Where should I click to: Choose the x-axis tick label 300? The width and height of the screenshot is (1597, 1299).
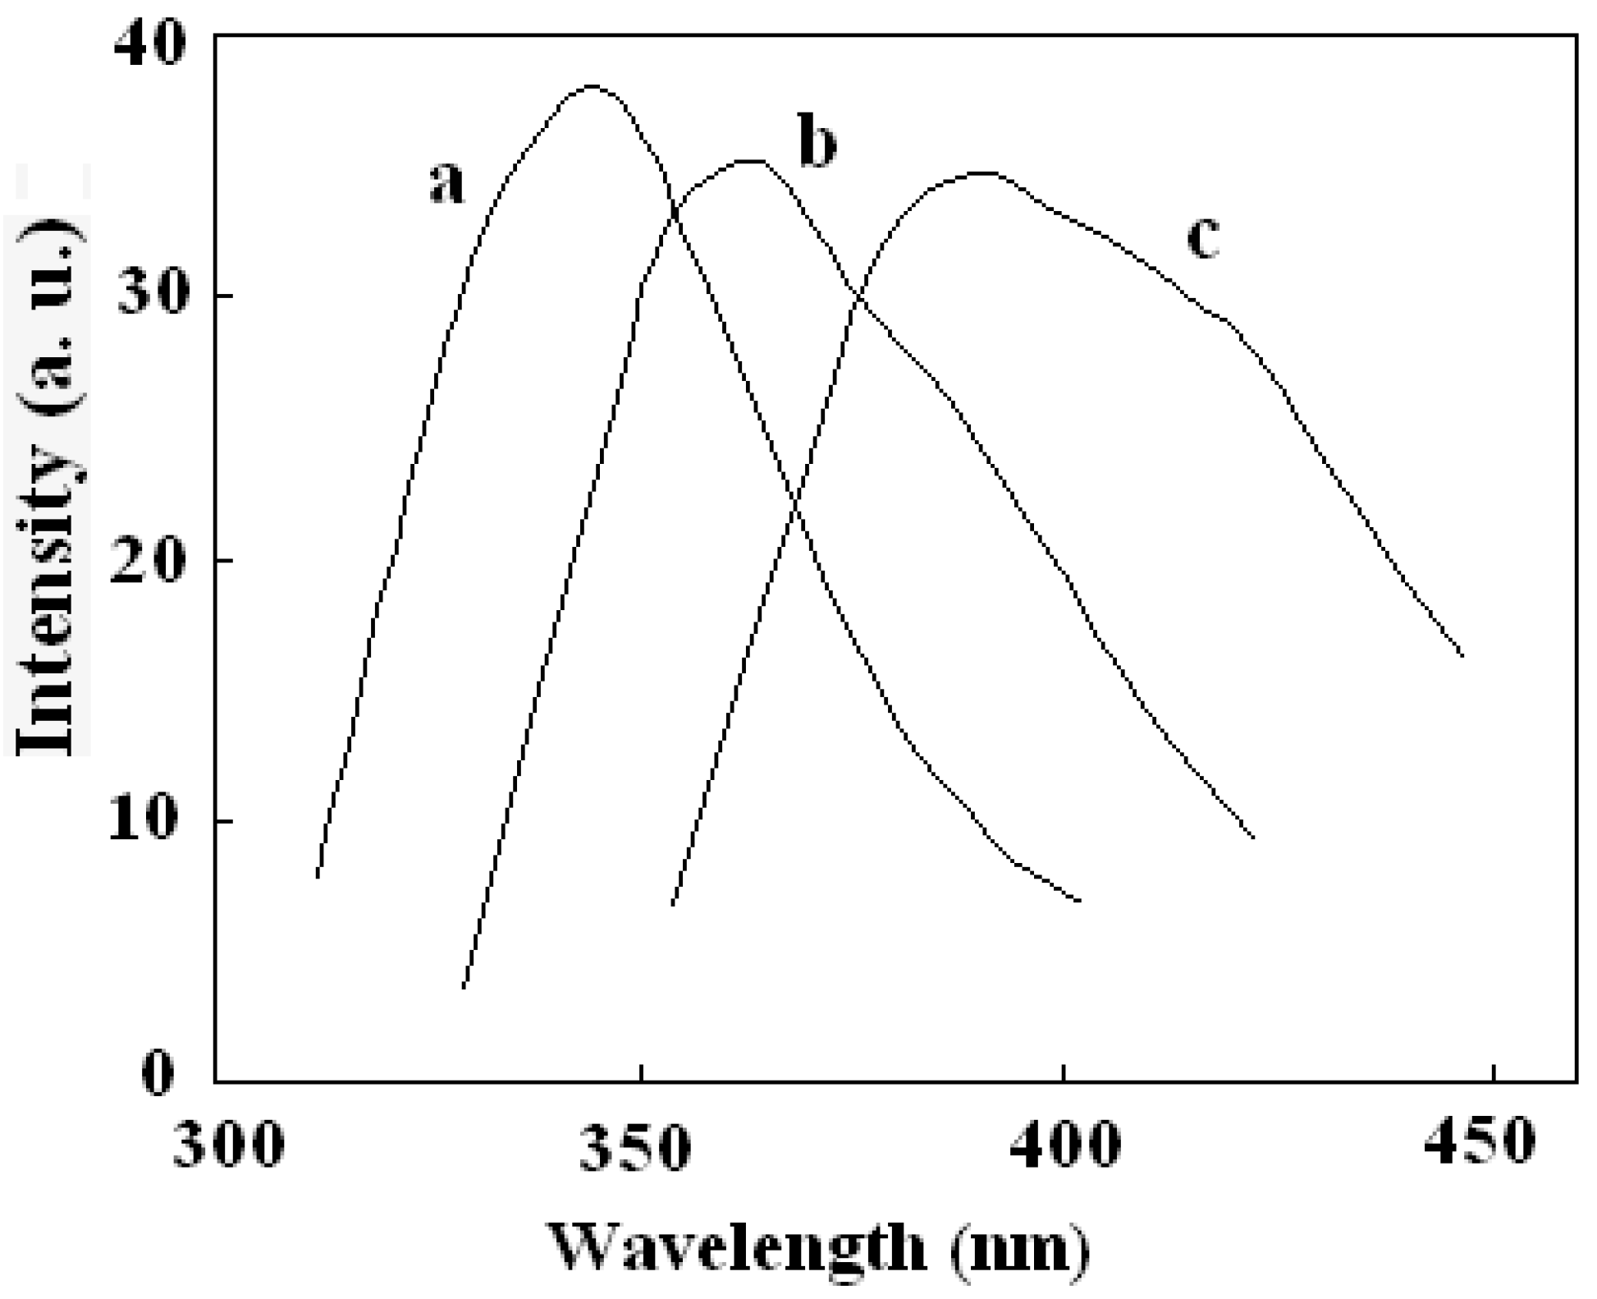point(229,1143)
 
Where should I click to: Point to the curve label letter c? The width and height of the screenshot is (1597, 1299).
point(1203,238)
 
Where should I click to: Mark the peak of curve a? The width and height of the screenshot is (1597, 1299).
point(593,85)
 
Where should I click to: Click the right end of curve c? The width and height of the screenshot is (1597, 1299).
point(1462,655)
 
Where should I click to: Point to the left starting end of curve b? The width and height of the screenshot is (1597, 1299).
point(464,987)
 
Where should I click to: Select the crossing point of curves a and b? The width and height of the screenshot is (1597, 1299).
point(675,215)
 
